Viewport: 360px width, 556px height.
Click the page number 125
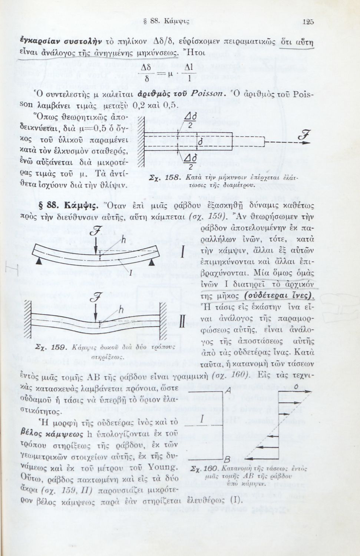coord(308,22)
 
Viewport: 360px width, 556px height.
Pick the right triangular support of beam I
coord(152,261)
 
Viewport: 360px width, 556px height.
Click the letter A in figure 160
coord(228,391)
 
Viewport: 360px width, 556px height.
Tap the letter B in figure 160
coord(228,460)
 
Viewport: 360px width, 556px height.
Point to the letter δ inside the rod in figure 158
coord(200,142)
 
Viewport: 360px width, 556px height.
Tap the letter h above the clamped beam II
coord(121,310)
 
